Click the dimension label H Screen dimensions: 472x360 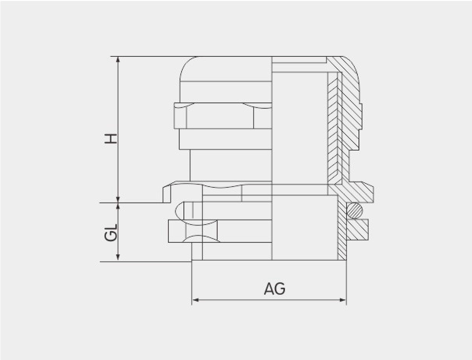[x=111, y=138]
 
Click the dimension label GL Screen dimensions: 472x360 [x=111, y=233]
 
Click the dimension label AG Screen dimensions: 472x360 [x=275, y=289]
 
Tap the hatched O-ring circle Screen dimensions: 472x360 [x=355, y=211]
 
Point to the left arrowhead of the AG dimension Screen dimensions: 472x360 [x=195, y=300]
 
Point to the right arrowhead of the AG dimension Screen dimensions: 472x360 [x=343, y=300]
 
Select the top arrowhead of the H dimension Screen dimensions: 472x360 [x=118, y=59]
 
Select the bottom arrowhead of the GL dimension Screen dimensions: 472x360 [x=118, y=257]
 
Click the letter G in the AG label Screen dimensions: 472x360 [x=280, y=289]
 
